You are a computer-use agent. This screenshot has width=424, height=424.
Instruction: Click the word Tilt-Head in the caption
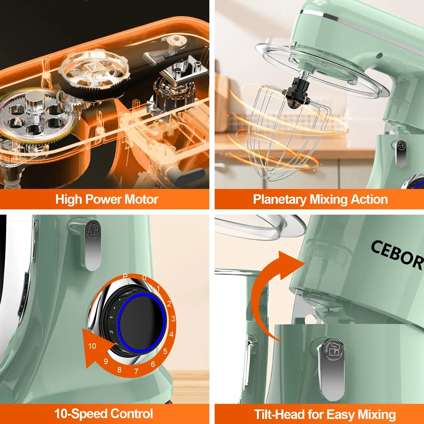[279, 414]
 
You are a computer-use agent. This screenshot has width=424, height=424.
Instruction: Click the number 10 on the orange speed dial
[92, 346]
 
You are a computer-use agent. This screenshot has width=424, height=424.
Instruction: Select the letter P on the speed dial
[125, 277]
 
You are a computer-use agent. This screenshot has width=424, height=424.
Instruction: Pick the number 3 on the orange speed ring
[173, 319]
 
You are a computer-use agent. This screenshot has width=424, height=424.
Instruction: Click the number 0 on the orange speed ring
[144, 278]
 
